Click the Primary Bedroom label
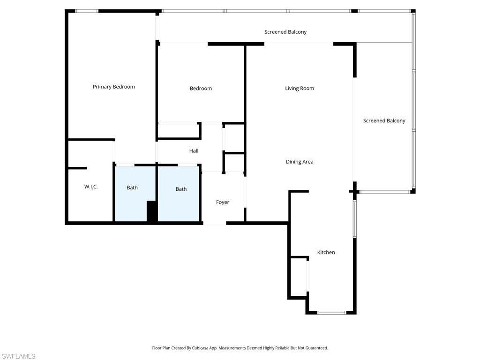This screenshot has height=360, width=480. coord(113,87)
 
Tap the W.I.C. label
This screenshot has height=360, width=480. coord(91,187)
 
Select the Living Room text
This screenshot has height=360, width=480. coord(299,88)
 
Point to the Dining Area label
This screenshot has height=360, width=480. coord(299,162)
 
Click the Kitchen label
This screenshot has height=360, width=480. coord(326,252)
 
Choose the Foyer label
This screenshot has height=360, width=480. coord(222,202)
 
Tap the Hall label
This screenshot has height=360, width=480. coord(194,151)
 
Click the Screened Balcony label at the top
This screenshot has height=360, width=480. coord(285,32)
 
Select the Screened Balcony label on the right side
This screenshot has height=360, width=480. coord(384,120)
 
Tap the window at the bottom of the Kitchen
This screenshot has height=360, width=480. coord(332,312)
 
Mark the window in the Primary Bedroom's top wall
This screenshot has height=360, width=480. coord(87,11)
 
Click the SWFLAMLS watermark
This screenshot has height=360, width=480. coord(18,356)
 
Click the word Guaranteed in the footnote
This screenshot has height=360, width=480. coord(315,348)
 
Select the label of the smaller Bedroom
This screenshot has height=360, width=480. coord(201,88)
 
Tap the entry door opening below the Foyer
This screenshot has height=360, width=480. coord(215,223)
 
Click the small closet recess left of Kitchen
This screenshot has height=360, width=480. coord(298,277)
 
